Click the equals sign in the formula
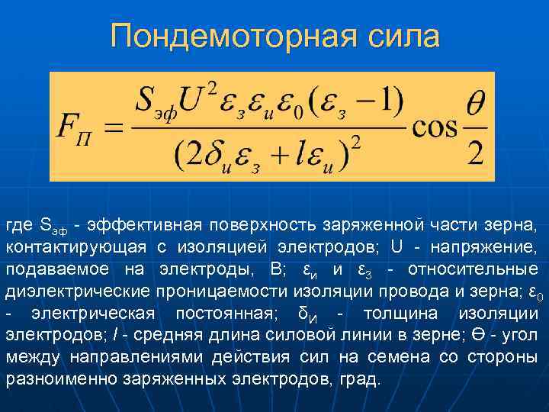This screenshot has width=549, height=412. (112, 127)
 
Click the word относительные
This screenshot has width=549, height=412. (473, 270)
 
